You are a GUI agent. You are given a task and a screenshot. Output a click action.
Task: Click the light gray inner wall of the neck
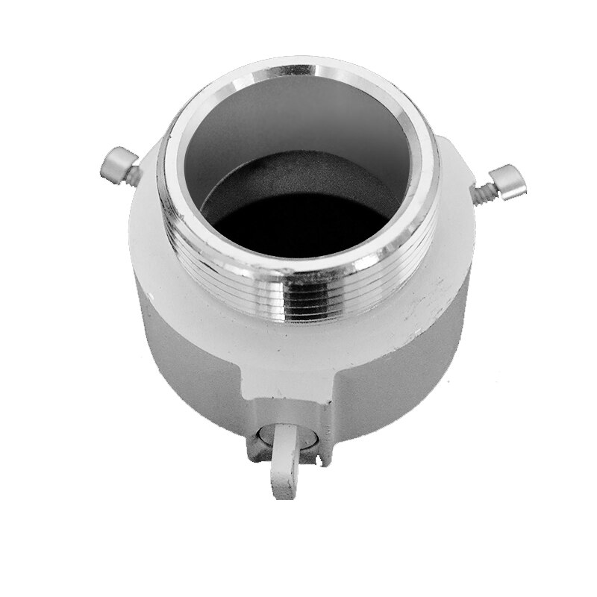point(298,127)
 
